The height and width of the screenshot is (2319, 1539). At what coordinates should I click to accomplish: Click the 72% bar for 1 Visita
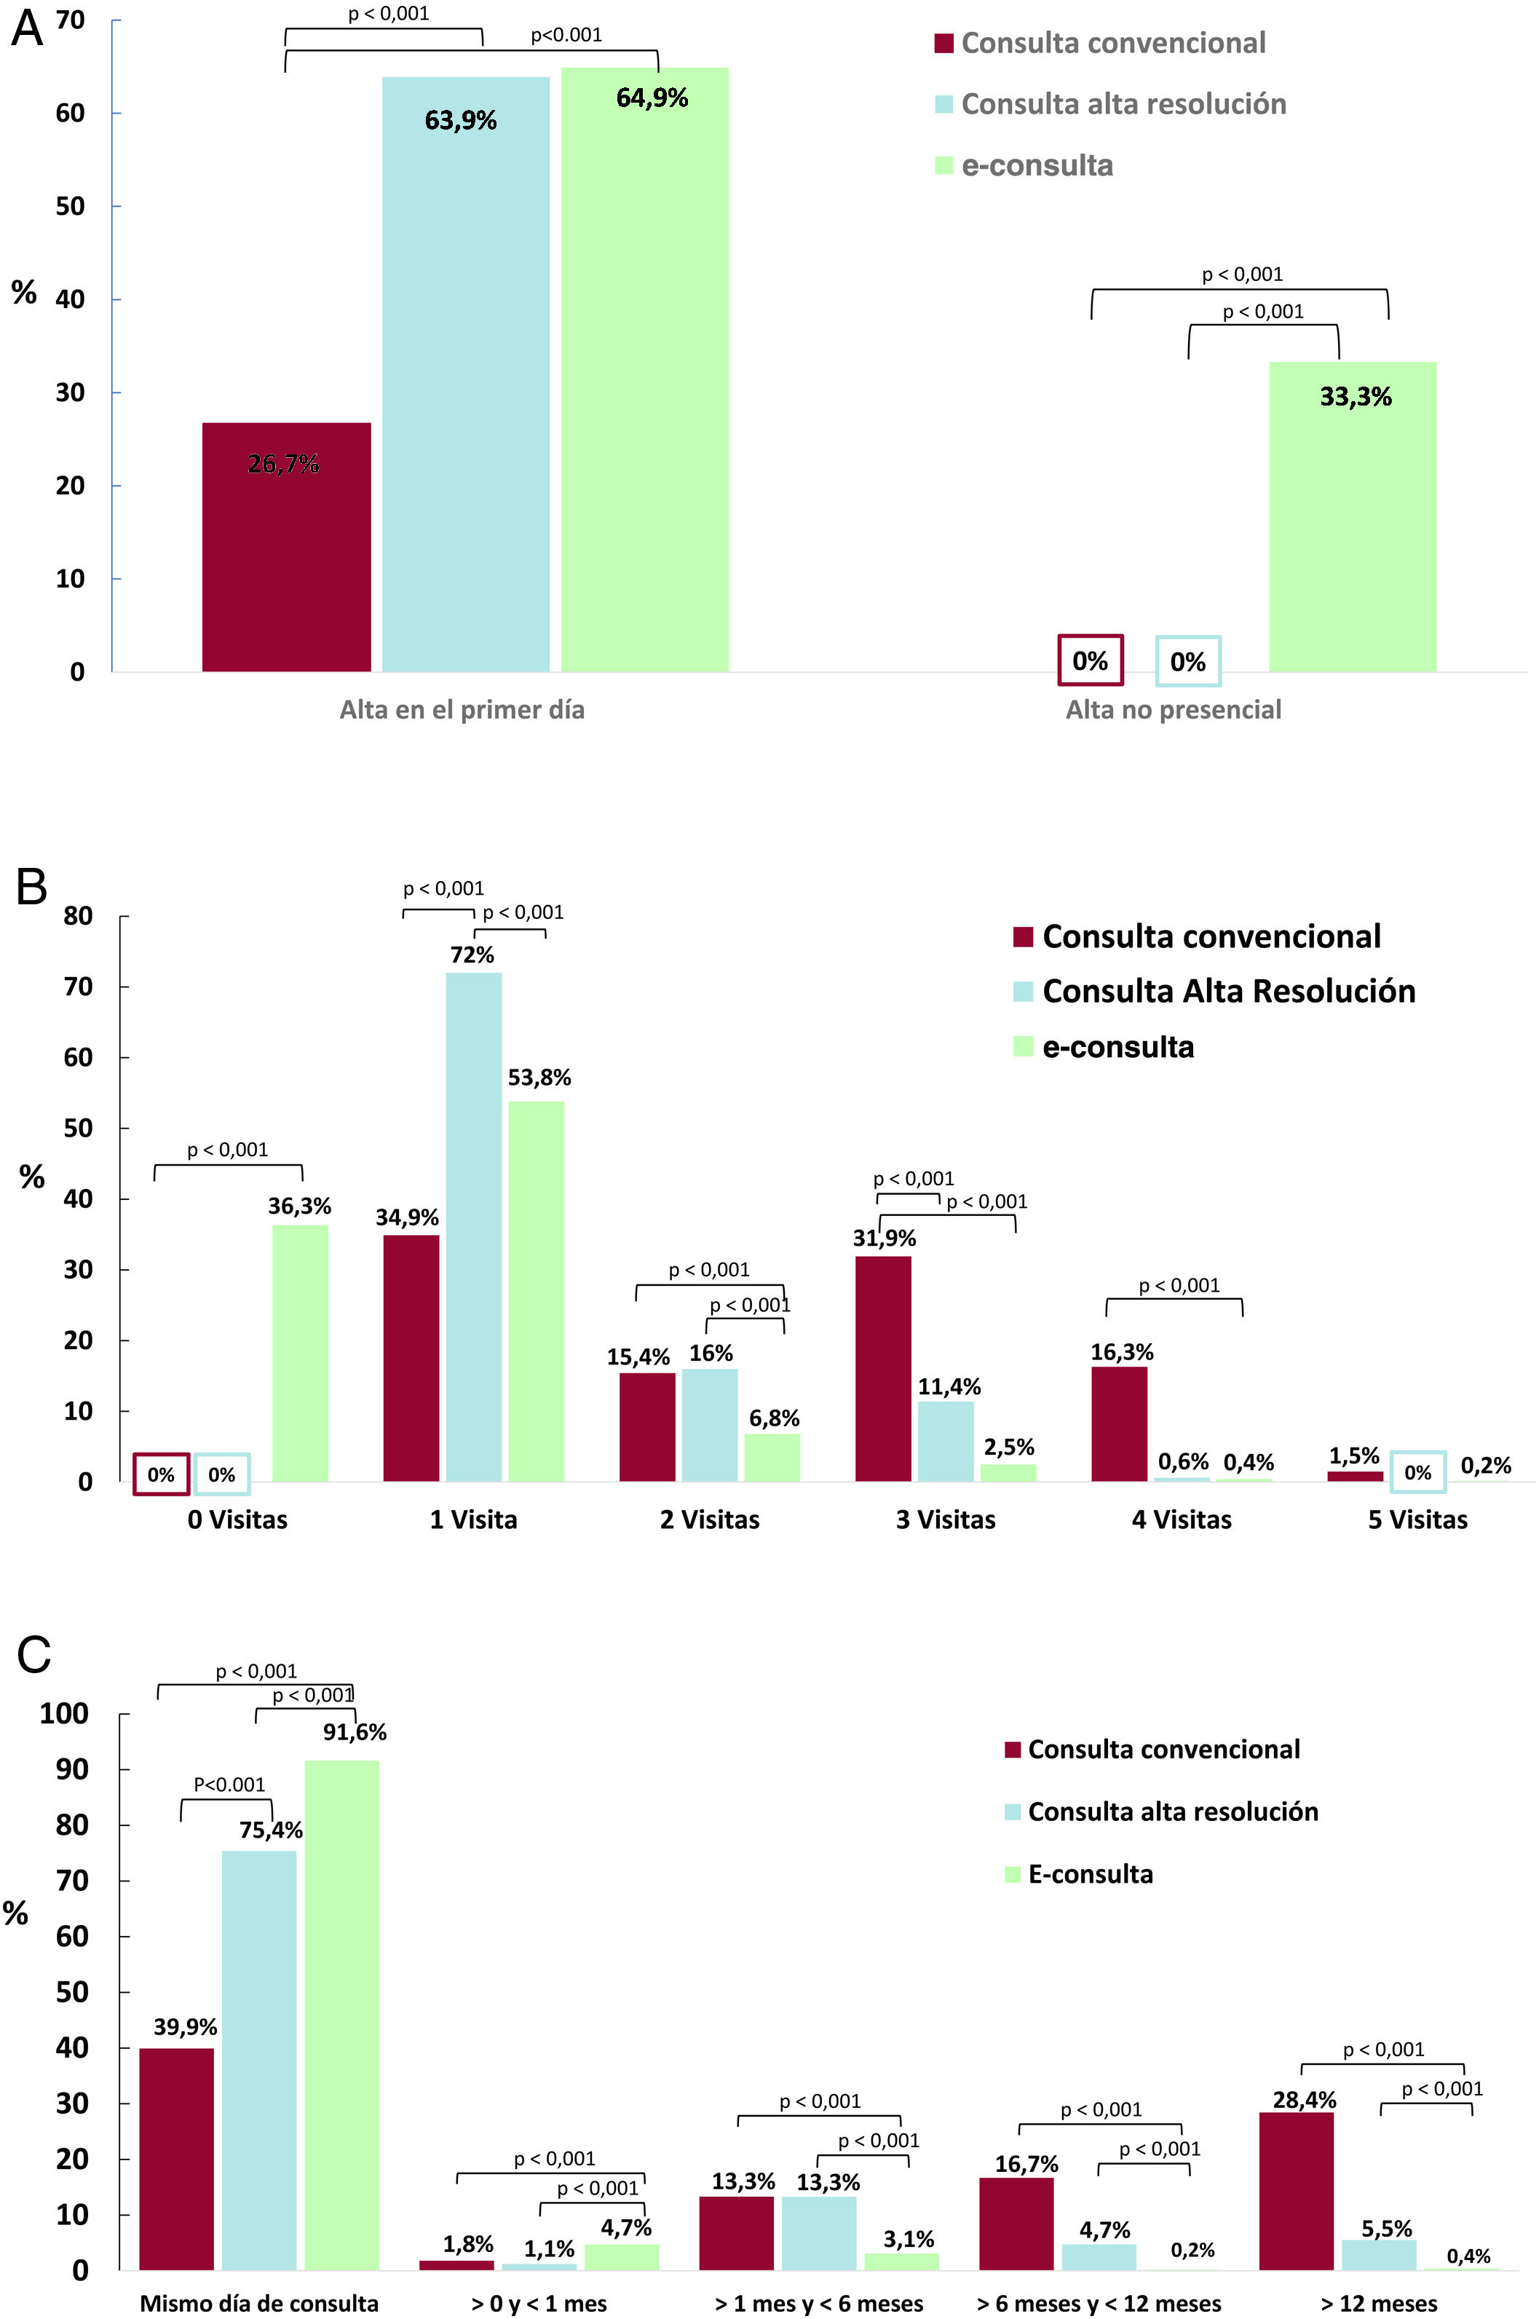tap(473, 1227)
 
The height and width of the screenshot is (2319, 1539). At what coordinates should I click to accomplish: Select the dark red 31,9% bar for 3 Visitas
tap(883, 1368)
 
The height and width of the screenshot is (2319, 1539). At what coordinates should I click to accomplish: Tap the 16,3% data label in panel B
tap(1122, 1352)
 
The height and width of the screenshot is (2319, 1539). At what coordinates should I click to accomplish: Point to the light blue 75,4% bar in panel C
tap(259, 2061)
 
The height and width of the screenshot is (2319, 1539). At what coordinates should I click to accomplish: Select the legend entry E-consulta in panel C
tap(1090, 1874)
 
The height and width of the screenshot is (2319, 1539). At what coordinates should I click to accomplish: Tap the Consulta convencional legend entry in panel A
tap(1113, 43)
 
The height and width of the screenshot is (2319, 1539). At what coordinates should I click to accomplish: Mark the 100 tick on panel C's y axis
tap(65, 1713)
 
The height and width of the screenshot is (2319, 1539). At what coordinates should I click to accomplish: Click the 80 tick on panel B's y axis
tap(79, 917)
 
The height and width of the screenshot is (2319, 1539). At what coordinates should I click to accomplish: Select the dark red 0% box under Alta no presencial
tap(1090, 660)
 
